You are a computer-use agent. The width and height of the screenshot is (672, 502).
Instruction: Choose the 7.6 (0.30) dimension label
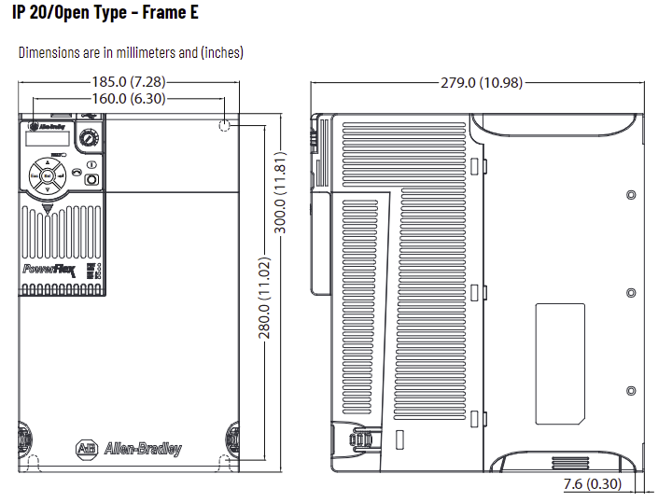tap(593, 485)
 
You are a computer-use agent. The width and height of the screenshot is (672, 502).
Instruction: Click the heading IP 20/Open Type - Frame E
tap(105, 14)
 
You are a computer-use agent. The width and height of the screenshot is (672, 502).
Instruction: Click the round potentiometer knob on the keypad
tap(90, 139)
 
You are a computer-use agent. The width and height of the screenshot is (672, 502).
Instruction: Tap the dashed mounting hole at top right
tap(225, 126)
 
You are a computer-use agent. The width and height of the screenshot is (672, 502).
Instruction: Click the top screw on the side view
tap(631, 196)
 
